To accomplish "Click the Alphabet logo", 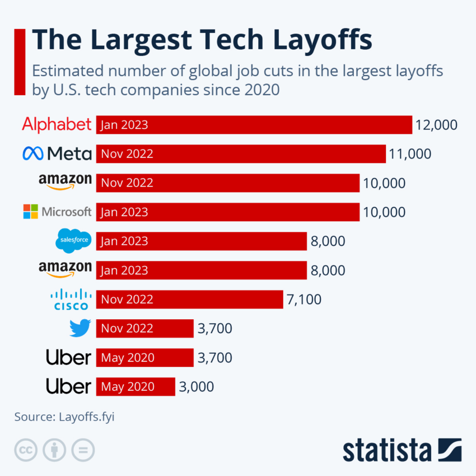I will (x=57, y=124).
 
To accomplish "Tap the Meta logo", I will (x=57, y=153).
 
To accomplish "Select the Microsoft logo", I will (x=57, y=212).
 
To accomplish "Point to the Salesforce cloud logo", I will (x=73, y=241).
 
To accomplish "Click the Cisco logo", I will (x=71, y=299).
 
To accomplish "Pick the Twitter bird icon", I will (x=80, y=328).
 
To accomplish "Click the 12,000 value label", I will (x=436, y=125).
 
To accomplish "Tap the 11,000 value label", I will (x=410, y=154).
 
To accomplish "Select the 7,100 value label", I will (x=304, y=300).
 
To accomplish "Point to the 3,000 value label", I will (x=196, y=387).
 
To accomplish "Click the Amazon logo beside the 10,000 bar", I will (x=65, y=182).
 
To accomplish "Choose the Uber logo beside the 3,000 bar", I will (x=68, y=386).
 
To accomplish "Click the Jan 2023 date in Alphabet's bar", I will (x=124, y=125).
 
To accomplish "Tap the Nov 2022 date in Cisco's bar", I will (x=127, y=300).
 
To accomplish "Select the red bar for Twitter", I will (x=144, y=329).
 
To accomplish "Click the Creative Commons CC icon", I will (x=25, y=450).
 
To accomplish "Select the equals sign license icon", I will (x=83, y=450).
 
